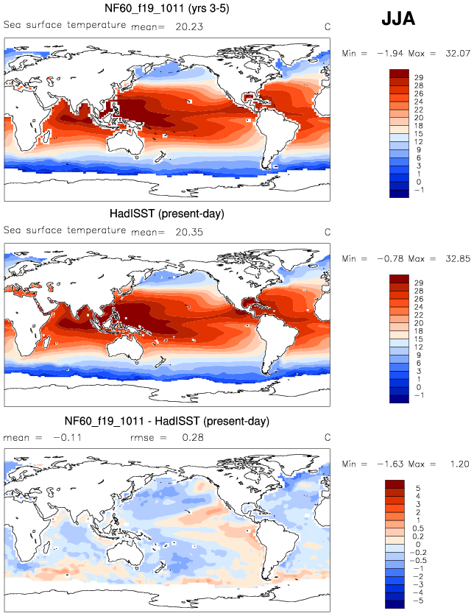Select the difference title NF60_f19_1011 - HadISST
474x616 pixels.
tap(167, 421)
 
